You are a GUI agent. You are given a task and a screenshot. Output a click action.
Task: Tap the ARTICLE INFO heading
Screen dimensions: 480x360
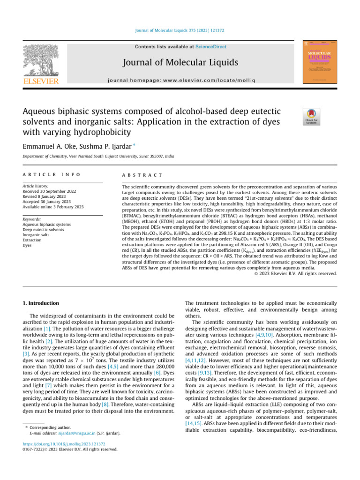pos(51,174)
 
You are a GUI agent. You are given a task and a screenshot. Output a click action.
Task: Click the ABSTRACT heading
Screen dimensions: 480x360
pos(142,174)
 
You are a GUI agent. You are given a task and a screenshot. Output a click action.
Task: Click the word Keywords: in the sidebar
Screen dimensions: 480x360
pos(33,219)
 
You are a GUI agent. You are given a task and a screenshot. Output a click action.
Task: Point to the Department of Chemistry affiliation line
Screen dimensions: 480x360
pos(98,156)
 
